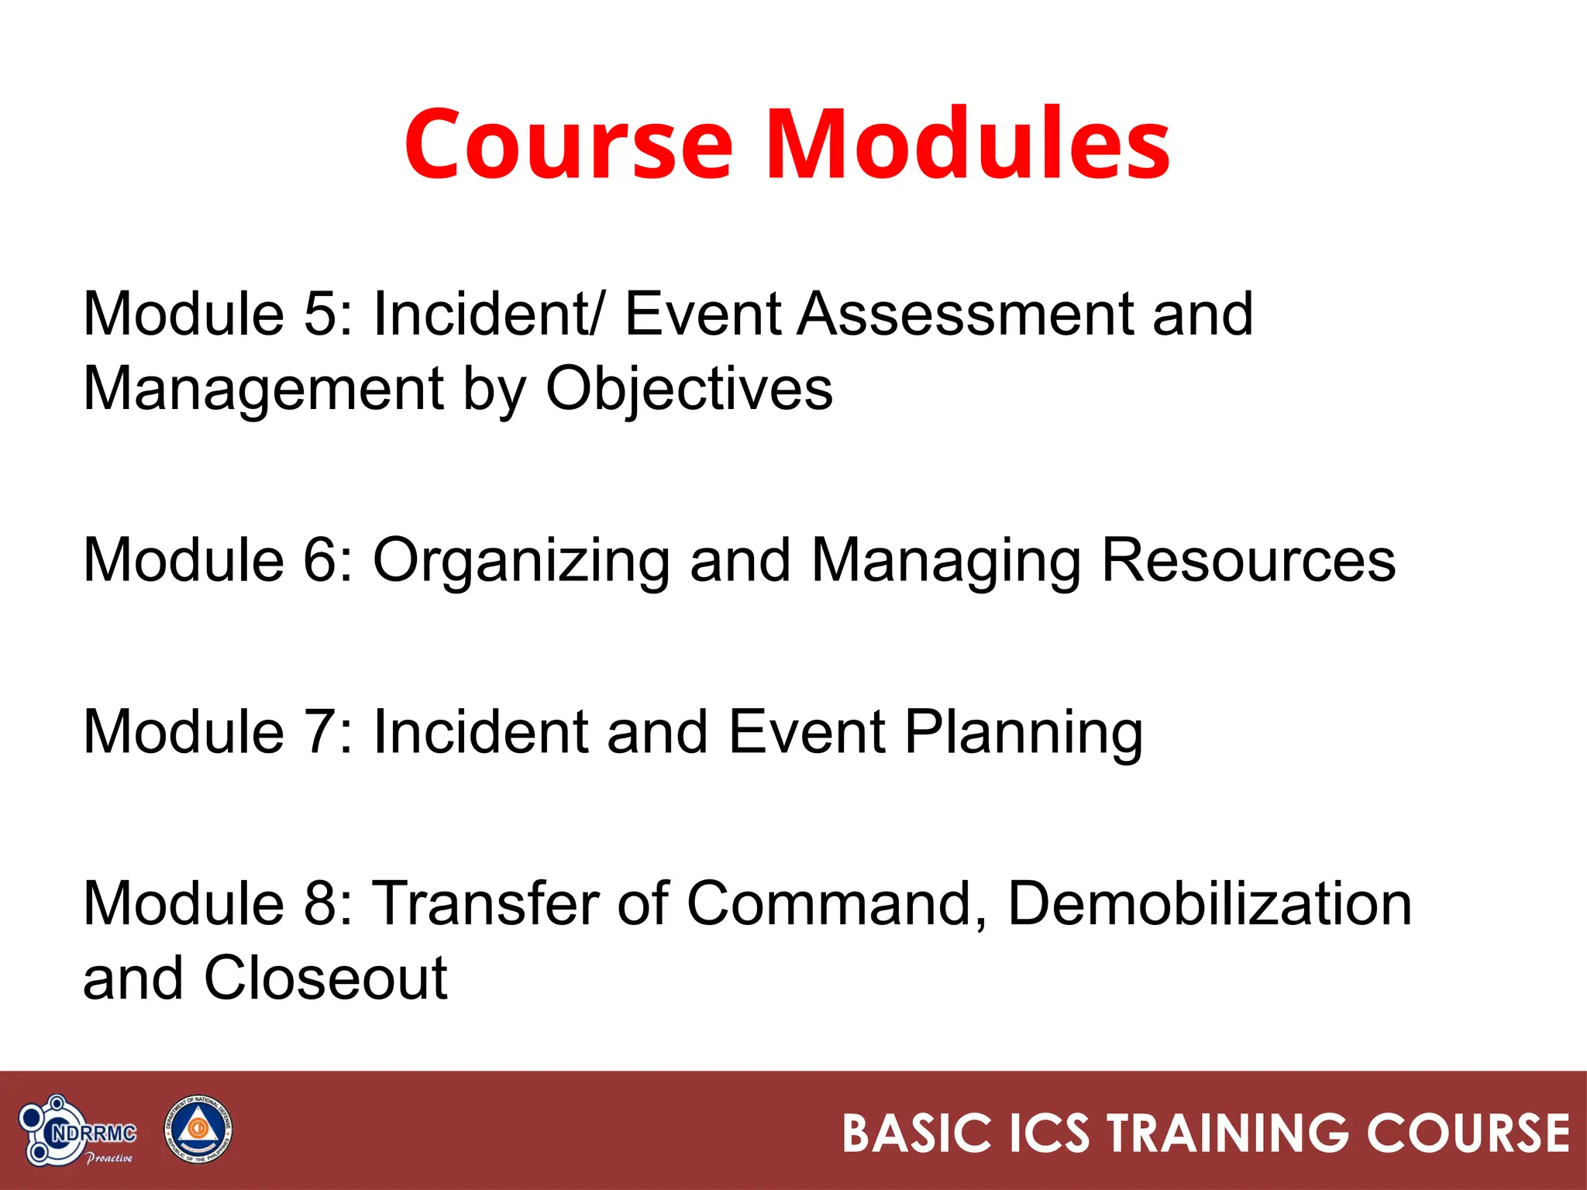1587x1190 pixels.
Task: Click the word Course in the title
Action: tap(568, 145)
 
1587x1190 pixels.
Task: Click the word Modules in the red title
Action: tap(968, 145)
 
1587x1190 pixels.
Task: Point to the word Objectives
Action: tap(689, 389)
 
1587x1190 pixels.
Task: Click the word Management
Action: tap(263, 389)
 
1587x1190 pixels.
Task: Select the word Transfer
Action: tap(488, 903)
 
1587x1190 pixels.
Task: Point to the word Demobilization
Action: tap(1209, 903)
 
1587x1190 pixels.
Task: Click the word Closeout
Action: tap(325, 978)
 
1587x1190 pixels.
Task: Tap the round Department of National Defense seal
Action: tap(198, 1130)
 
